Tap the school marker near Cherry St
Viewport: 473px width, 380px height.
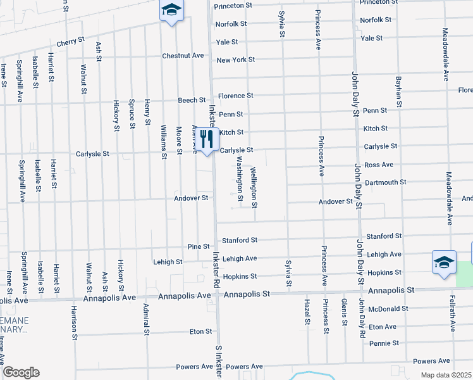point(171,11)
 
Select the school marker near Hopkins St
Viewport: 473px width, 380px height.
point(444,263)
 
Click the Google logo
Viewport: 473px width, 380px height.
point(21,372)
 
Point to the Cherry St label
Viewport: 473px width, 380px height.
point(70,41)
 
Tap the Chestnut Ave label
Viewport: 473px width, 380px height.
point(183,56)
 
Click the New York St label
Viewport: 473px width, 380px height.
point(235,60)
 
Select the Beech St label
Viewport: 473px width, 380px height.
point(192,100)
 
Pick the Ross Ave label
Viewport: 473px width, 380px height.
point(379,165)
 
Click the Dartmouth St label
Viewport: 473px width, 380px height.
point(386,182)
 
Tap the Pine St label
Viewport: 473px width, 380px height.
point(198,246)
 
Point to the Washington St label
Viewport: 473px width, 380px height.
point(240,180)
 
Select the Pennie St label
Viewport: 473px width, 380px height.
point(386,343)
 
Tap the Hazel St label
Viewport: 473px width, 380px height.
point(307,313)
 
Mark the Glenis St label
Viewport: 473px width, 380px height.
point(345,313)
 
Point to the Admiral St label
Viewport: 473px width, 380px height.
point(146,319)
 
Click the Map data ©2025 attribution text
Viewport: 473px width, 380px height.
point(446,375)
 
